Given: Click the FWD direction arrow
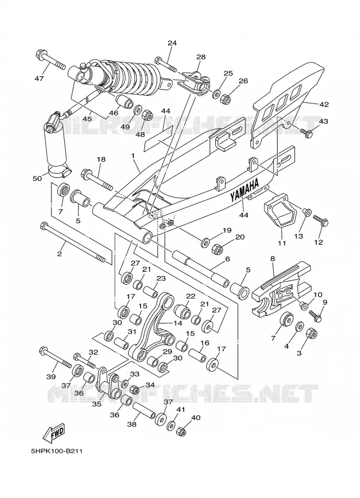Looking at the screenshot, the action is [54, 433].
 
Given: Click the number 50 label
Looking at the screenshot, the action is [37, 179].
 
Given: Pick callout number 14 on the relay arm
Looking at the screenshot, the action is [178, 323].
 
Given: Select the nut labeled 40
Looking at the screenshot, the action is [181, 431].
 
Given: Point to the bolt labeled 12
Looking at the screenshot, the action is [321, 221].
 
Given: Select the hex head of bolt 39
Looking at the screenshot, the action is [44, 351].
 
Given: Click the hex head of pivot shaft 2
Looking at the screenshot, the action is [44, 226].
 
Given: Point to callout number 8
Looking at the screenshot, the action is [273, 259].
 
